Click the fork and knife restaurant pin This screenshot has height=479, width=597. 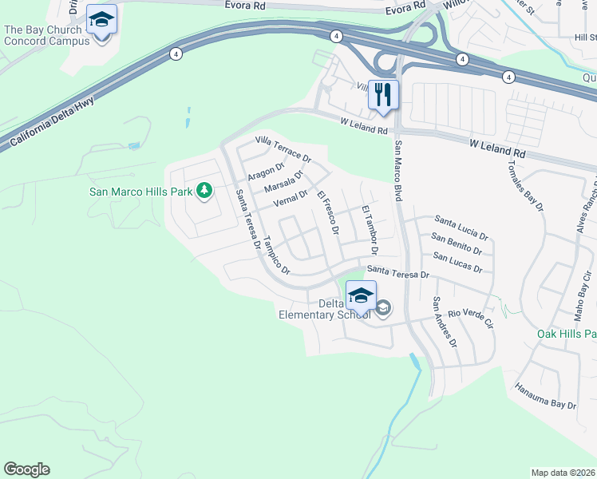point(383,95)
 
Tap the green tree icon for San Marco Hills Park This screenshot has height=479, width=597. point(205,190)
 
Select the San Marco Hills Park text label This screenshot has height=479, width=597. point(140,192)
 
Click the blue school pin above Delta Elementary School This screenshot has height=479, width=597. point(361,295)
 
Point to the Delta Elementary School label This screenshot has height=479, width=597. point(324,309)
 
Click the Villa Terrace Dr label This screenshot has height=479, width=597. point(283,149)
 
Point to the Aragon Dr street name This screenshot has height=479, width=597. point(266,172)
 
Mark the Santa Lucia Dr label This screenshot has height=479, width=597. point(461,226)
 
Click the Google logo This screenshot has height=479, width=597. point(26,469)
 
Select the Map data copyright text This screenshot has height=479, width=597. point(563,473)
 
